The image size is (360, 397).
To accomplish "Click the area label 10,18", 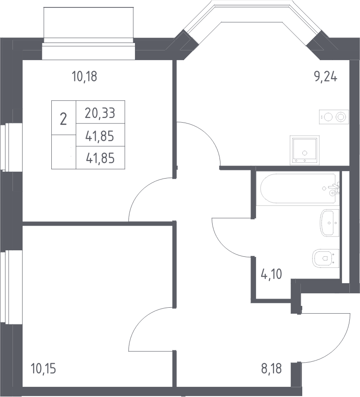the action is coord(85,76).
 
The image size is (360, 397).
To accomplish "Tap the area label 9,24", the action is coord(326,76).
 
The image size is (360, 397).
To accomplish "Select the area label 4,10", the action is coord(271,274).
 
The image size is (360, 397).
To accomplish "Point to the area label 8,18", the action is coord(271,369).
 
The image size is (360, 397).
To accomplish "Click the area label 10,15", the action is coord(43,369).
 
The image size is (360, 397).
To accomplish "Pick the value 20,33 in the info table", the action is coord(100,113).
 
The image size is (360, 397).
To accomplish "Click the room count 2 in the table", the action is coord(63,119).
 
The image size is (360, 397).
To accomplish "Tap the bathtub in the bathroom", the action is coord(299,188).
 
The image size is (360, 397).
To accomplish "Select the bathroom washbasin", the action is coord(329,223).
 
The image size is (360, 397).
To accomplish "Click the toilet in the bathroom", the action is coord(326,258).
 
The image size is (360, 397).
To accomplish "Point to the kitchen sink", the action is coord(305,150).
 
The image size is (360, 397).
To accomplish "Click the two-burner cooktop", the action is coord(334,117).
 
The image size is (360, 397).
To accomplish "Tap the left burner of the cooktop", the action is coord(328,117).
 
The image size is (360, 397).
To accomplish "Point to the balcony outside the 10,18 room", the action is coord(88,22).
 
